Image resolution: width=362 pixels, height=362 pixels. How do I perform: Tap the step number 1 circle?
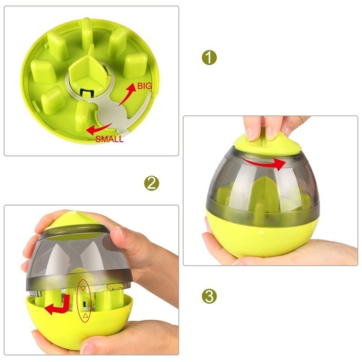tap(209, 57)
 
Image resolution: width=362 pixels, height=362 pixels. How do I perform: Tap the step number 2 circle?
tap(152, 183)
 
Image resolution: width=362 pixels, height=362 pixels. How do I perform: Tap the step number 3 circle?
tap(209, 296)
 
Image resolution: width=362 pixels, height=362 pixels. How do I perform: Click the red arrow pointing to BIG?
tap(128, 96)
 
